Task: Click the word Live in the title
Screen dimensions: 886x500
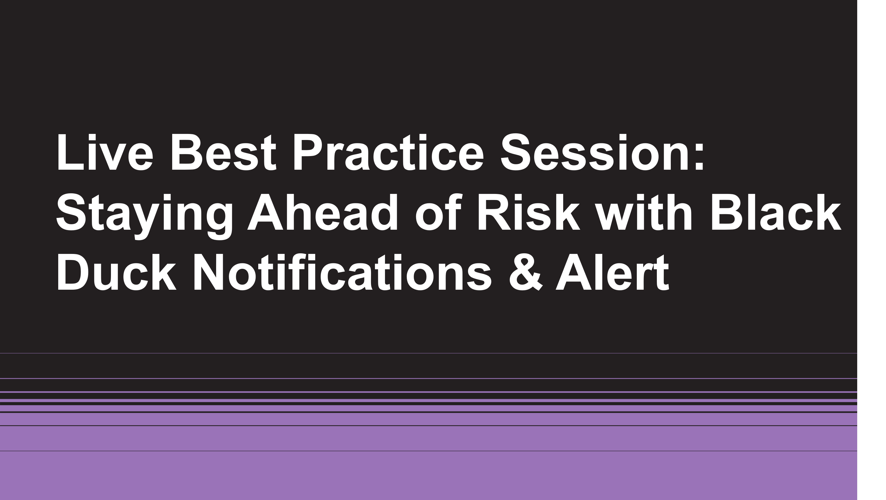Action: pos(104,152)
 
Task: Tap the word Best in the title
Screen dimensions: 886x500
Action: pos(223,152)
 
